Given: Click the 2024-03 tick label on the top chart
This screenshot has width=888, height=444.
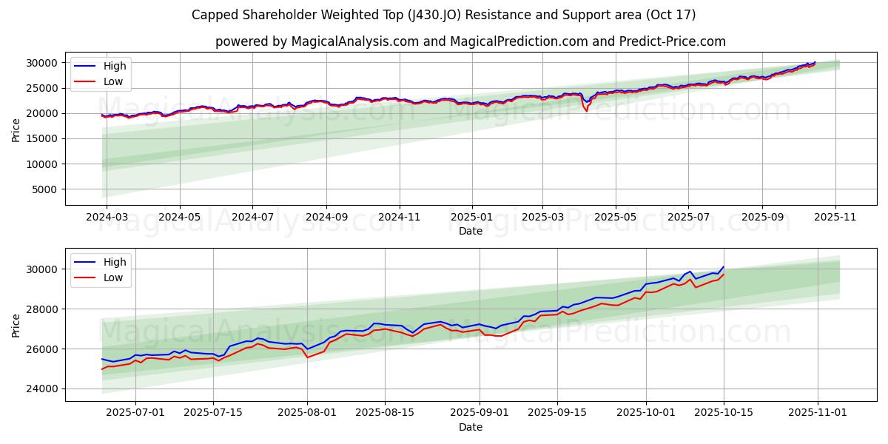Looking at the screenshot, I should tap(107, 218).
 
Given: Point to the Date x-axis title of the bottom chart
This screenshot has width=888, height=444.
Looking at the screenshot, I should tap(471, 427).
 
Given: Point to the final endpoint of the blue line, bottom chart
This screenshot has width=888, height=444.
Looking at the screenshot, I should tap(724, 266).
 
